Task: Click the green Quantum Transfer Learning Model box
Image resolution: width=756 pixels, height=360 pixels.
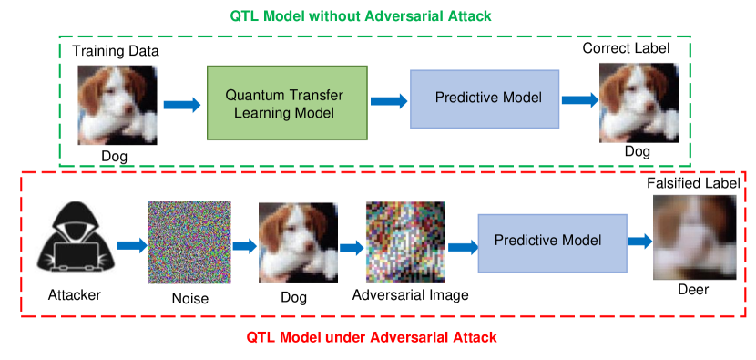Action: pyautogui.click(x=287, y=103)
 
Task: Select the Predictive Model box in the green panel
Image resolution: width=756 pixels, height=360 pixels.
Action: pyautogui.click(x=485, y=99)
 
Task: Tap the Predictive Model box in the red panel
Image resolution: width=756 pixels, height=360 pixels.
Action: pyautogui.click(x=553, y=243)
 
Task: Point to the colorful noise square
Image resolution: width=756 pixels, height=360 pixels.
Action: pyautogui.click(x=189, y=242)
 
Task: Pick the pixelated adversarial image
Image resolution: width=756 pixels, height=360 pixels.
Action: pyautogui.click(x=405, y=242)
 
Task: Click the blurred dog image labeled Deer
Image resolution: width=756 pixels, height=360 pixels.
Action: pyautogui.click(x=694, y=238)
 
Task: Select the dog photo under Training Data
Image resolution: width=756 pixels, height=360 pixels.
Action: pyautogui.click(x=117, y=105)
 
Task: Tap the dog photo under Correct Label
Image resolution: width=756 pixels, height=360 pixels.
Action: pyautogui.click(x=639, y=103)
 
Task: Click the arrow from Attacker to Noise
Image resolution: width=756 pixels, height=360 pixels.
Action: pyautogui.click(x=132, y=245)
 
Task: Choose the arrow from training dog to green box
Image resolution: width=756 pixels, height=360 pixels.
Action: pyautogui.click(x=182, y=104)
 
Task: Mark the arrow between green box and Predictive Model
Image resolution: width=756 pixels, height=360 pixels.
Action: pyautogui.click(x=389, y=100)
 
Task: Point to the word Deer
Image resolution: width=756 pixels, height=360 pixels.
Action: pyautogui.click(x=693, y=290)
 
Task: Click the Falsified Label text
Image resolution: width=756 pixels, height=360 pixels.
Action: pyautogui.click(x=693, y=183)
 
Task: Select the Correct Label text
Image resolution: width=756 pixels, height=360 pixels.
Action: pyautogui.click(x=626, y=48)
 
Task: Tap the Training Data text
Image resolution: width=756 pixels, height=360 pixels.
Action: pyautogui.click(x=116, y=51)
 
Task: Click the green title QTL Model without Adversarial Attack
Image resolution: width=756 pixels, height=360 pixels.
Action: pyautogui.click(x=361, y=15)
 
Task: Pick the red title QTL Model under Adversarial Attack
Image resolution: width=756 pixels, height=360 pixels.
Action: pyautogui.click(x=372, y=337)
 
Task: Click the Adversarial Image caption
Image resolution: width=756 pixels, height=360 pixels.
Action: pyautogui.click(x=410, y=295)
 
